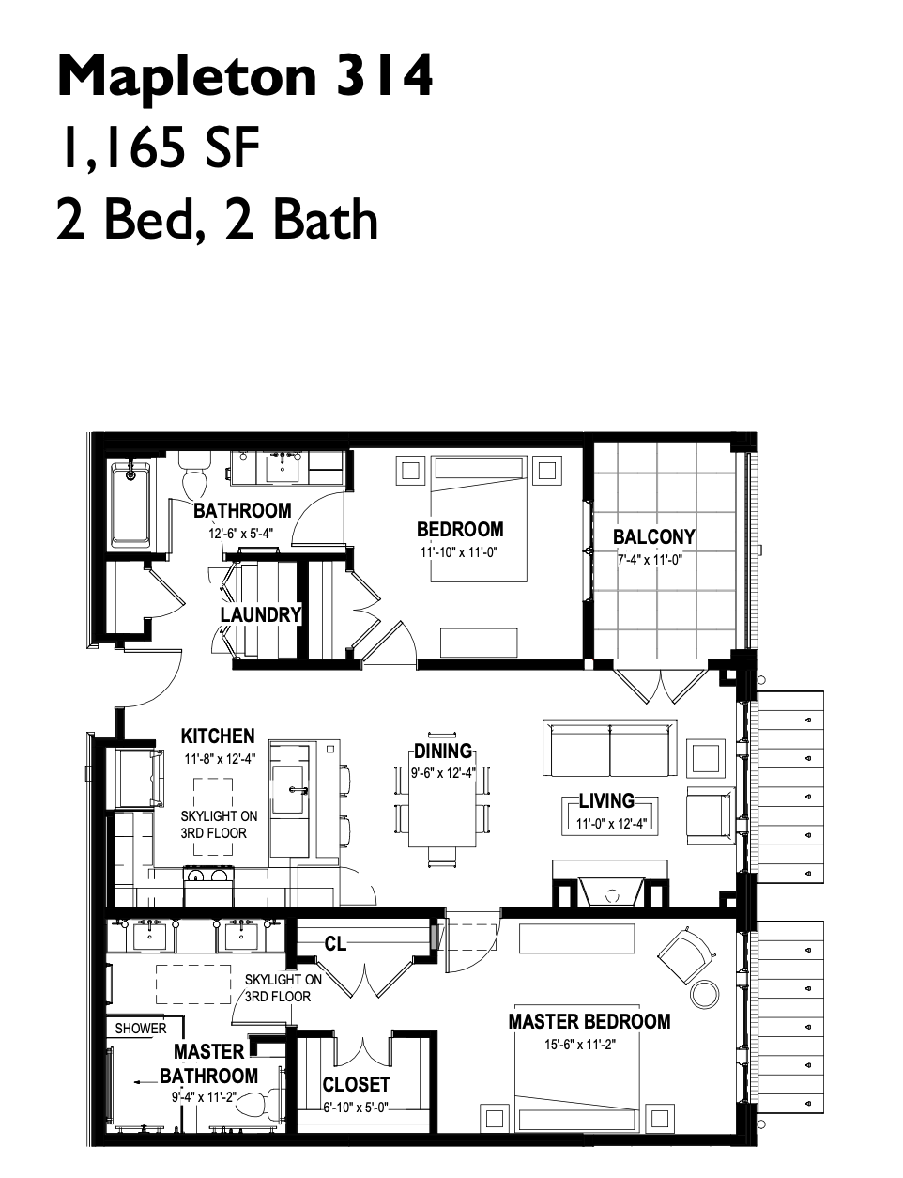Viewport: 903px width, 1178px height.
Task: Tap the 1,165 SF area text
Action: pos(161,148)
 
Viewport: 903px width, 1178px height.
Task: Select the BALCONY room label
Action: pos(653,536)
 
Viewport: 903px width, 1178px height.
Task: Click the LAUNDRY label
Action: pos(261,614)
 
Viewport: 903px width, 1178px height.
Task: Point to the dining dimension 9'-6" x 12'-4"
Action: pos(442,772)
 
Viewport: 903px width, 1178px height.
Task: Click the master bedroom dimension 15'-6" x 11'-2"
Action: pos(580,1044)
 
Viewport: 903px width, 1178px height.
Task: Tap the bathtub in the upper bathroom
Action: pos(130,504)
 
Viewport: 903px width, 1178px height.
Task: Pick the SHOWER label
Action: pos(141,1029)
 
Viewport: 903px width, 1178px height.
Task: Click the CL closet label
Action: pos(335,944)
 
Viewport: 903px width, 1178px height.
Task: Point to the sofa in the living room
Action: pos(610,748)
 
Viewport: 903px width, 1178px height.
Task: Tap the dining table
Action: pos(442,795)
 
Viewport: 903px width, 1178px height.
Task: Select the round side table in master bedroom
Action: pos(705,993)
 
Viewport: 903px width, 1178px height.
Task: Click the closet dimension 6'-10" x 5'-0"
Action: pos(356,1106)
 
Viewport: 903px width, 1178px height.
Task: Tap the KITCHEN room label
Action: pos(218,736)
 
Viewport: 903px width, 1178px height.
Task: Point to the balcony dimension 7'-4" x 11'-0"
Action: pos(650,560)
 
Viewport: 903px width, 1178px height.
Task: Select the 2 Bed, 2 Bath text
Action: pos(217,219)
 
